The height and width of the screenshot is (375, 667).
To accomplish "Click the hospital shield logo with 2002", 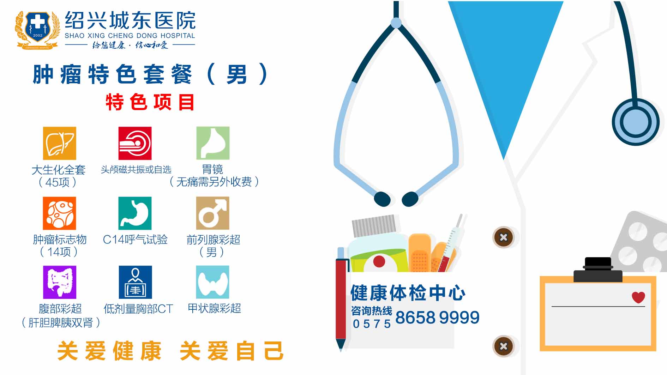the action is (37, 30).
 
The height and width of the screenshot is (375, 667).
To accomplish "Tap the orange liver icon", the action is (60, 143).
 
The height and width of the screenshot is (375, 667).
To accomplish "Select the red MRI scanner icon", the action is (135, 143).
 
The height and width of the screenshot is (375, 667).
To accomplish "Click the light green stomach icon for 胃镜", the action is (213, 143).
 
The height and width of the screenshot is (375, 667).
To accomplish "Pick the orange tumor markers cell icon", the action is (59, 213).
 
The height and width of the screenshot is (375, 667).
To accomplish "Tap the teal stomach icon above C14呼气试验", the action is (135, 213).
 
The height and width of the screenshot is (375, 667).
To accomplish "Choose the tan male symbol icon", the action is (212, 213).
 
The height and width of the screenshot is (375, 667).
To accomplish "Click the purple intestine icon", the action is (60, 282).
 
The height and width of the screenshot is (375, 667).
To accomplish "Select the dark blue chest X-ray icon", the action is (135, 282).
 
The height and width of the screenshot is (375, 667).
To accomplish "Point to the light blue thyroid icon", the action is (212, 282).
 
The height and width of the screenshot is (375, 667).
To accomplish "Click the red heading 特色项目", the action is (150, 102).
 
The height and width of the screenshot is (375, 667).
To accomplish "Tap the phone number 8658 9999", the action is (437, 317).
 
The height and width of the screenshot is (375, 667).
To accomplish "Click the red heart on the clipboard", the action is (638, 297).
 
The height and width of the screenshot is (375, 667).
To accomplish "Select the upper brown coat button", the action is (504, 237).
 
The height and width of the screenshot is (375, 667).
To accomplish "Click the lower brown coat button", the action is (504, 346).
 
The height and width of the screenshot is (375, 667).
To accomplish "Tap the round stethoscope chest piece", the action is (636, 122).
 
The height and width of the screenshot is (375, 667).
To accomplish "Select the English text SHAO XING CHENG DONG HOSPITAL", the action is (130, 36).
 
